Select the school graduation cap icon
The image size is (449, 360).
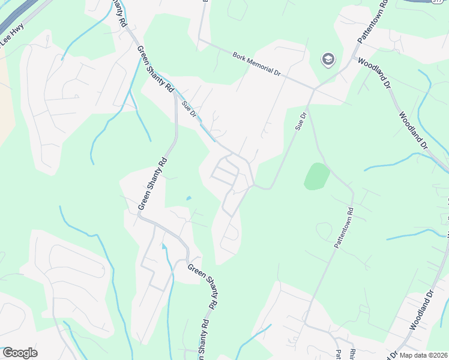click(x=328, y=59)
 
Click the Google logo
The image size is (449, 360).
click(x=19, y=352)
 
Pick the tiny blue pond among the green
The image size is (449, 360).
click(x=189, y=198)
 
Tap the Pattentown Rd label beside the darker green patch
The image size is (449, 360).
click(x=342, y=227)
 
